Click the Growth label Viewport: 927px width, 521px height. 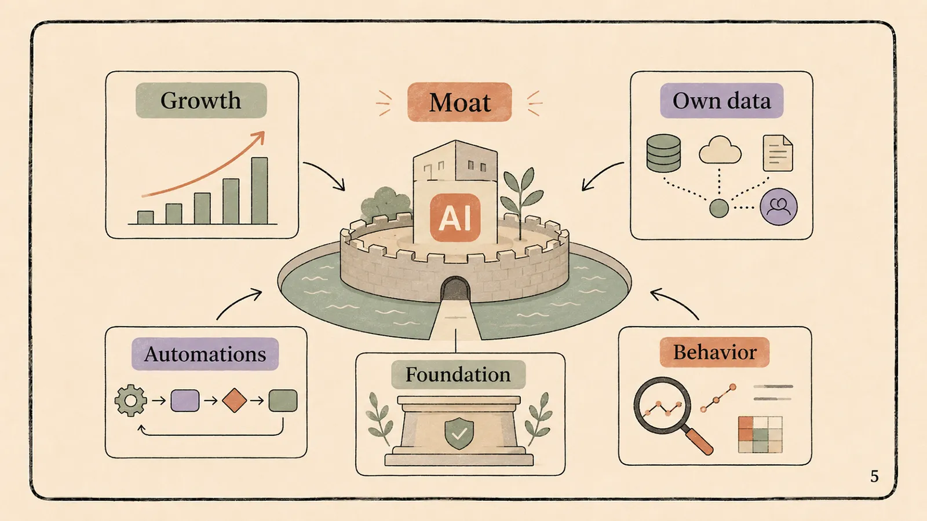click(201, 101)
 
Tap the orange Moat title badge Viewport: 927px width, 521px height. click(459, 102)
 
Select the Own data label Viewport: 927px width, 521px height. click(721, 101)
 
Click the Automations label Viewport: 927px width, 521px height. click(205, 354)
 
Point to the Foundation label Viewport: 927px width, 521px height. click(458, 375)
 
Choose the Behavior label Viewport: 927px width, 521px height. click(715, 353)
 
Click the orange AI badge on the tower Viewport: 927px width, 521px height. click(455, 218)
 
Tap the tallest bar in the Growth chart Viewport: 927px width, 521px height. click(260, 190)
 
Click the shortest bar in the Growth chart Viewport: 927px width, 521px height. click(145, 218)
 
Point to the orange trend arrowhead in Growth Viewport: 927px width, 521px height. click(259, 137)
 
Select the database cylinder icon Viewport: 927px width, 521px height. click(663, 153)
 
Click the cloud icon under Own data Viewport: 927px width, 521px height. click(720, 150)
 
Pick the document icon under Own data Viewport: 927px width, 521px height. click(778, 153)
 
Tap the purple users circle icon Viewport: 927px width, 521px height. click(779, 207)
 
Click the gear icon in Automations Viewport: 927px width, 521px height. click(131, 400)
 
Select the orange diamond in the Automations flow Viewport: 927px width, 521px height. click(234, 400)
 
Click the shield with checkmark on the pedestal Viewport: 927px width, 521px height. click(458, 434)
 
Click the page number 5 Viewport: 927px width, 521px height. click(874, 477)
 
